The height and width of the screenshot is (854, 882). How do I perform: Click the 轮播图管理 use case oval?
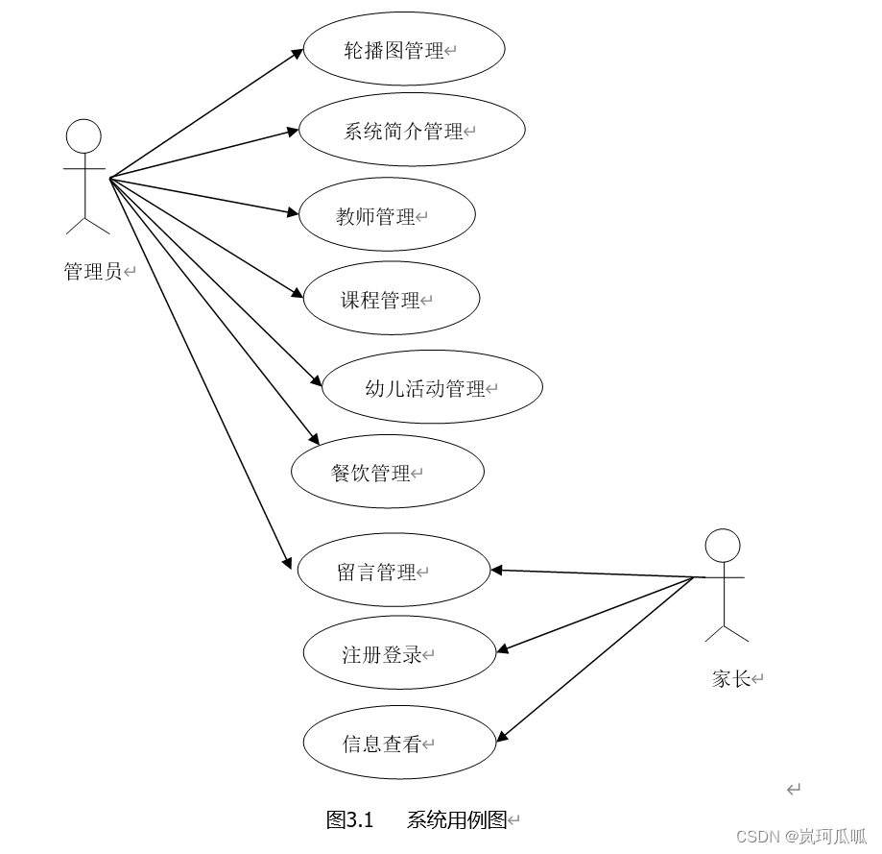[404, 50]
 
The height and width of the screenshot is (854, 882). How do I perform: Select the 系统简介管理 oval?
[412, 131]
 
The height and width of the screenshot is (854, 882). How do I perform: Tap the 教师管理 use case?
[387, 216]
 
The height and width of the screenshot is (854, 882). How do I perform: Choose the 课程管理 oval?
[391, 300]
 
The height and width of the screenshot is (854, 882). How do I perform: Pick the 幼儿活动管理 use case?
[432, 388]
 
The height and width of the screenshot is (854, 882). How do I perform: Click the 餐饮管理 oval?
[387, 473]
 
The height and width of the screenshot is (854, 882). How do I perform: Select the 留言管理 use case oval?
[393, 573]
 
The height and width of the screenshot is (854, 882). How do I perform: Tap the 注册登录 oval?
[399, 655]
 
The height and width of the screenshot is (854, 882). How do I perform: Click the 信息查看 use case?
[399, 744]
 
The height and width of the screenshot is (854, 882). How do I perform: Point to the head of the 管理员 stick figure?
[83, 136]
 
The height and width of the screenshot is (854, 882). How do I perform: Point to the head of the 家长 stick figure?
[723, 546]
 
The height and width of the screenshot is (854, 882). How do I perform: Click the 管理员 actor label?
[93, 272]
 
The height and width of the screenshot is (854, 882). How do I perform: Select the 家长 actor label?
[731, 679]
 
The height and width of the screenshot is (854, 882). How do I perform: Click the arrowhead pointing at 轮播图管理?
[298, 52]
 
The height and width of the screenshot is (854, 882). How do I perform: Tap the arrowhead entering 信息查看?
[502, 738]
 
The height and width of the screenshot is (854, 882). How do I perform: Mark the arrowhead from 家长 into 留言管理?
[497, 571]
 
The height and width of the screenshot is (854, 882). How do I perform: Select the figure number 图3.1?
[349, 819]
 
